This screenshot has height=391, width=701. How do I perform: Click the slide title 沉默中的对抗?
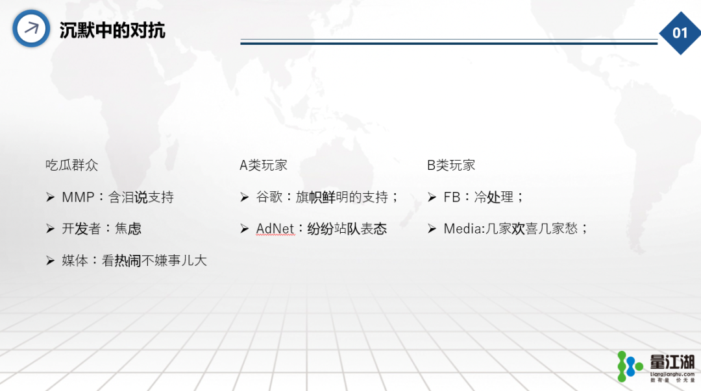pos(112,30)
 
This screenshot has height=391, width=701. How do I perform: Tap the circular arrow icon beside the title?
pos(31,29)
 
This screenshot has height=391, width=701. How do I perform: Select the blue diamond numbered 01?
pos(680,33)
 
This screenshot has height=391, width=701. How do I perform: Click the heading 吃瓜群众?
pos(71,165)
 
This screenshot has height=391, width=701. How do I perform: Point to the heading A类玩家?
pos(264,165)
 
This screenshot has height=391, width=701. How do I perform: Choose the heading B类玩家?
pos(451,165)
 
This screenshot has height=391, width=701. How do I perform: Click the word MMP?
pos(78,197)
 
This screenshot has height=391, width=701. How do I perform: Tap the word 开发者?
pos(81,229)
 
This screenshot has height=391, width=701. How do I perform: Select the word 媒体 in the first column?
pos(75,261)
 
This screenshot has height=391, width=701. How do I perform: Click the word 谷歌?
pos(269,197)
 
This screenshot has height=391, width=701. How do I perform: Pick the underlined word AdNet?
pos(275,229)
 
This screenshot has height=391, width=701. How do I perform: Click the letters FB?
pos(452,197)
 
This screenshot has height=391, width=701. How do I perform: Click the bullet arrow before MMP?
pos(50,197)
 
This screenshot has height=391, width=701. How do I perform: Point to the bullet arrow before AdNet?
pos(244,229)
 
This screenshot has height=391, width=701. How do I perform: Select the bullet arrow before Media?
pos(432,229)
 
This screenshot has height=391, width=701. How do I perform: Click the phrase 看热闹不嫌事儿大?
pos(154,261)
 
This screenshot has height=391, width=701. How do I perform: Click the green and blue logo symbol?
pos(630,366)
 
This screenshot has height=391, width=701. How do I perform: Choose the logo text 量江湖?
pos(672,362)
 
